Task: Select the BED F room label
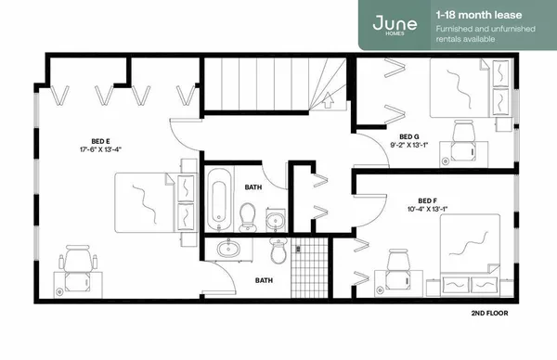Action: [427, 200]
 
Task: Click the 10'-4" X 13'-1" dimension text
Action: [427, 209]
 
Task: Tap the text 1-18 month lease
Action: [471, 14]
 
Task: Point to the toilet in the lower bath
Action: [278, 251]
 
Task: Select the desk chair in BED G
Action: [461, 137]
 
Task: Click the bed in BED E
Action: [147, 202]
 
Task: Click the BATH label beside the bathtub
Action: [253, 186]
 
